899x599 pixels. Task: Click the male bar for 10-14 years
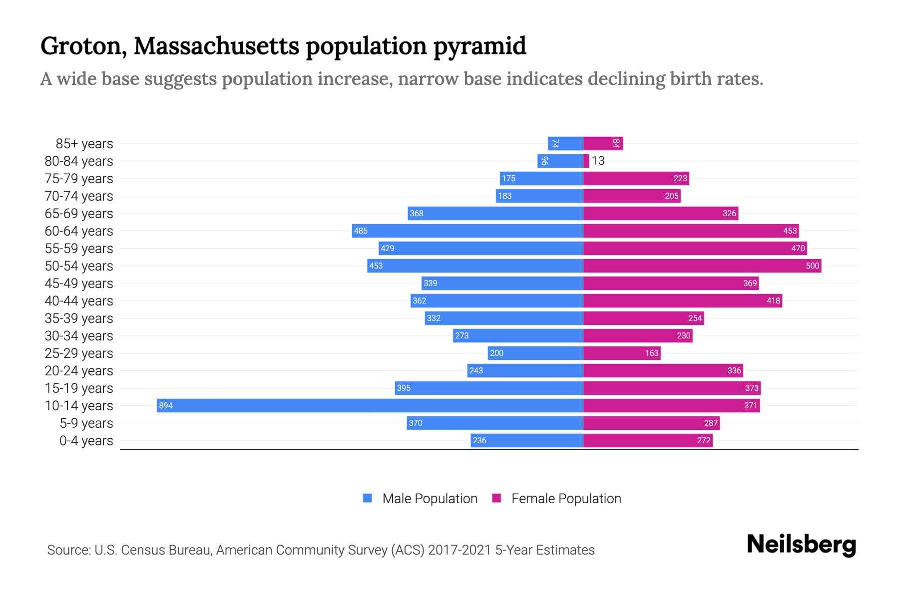pyautogui.click(x=370, y=405)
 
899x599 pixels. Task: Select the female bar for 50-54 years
pyautogui.click(x=702, y=266)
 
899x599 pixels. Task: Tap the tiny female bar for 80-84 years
pyautogui.click(x=586, y=161)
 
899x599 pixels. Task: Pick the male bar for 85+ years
pyautogui.click(x=565, y=143)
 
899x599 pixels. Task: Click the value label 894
pyautogui.click(x=166, y=406)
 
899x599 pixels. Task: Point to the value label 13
pyautogui.click(x=598, y=161)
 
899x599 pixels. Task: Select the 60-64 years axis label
pyautogui.click(x=79, y=231)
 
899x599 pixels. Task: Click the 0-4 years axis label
pyautogui.click(x=86, y=441)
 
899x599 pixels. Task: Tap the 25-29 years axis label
pyautogui.click(x=79, y=353)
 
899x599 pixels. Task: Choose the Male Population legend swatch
pyautogui.click(x=368, y=498)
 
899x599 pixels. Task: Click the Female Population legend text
pyautogui.click(x=566, y=499)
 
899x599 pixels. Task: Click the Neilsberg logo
pyautogui.click(x=801, y=545)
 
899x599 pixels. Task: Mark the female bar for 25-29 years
pyautogui.click(x=622, y=353)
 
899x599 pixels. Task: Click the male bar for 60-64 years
pyautogui.click(x=467, y=231)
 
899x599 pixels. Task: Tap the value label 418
pyautogui.click(x=773, y=300)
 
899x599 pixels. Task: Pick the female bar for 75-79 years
pyautogui.click(x=636, y=178)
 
